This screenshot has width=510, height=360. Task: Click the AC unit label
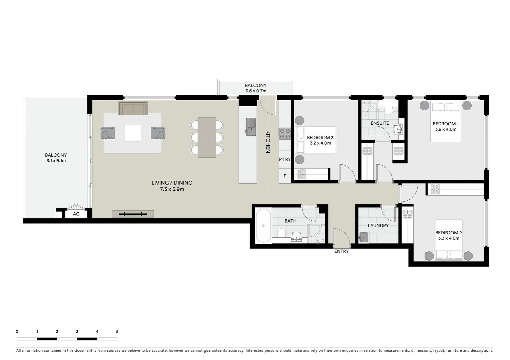(76, 214)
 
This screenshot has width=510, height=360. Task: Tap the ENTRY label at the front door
(341, 251)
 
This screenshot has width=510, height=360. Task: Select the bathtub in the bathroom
(264, 226)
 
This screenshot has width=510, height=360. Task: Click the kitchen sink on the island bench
(251, 127)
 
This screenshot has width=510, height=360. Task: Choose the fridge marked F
(285, 176)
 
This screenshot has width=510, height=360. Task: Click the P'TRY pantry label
(285, 159)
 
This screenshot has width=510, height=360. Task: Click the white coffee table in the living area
(133, 133)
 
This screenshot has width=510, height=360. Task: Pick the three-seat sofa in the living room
(133, 108)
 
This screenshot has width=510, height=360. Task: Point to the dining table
(207, 137)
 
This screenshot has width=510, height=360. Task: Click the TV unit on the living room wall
(133, 214)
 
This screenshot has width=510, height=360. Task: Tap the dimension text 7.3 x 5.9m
(172, 189)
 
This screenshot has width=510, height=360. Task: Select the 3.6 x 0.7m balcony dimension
(256, 91)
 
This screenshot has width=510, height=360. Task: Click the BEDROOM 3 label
(320, 138)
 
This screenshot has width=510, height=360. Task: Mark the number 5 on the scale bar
(117, 332)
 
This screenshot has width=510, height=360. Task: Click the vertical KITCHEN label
(268, 142)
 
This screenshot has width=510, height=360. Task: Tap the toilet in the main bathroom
(281, 233)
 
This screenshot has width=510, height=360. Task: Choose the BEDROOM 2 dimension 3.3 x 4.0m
(448, 238)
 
